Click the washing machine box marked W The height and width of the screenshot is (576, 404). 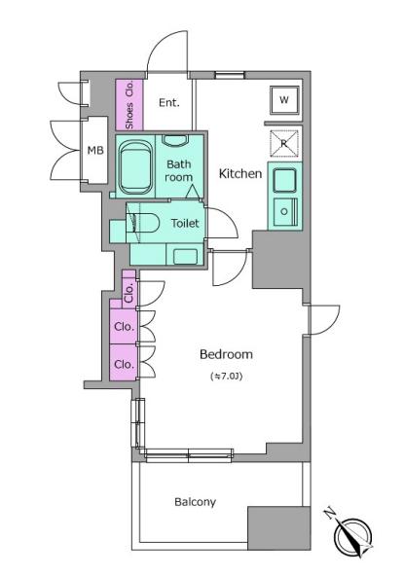point(284,100)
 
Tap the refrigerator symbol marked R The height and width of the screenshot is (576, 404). point(284,143)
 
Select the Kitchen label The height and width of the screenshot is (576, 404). point(240,173)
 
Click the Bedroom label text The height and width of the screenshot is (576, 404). point(226,354)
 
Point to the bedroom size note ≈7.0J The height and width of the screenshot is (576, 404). point(227,377)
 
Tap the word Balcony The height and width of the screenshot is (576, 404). point(196,502)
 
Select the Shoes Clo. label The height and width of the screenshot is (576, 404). point(129,105)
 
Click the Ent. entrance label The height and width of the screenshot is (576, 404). point(169,102)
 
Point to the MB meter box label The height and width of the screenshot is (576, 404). point(95,150)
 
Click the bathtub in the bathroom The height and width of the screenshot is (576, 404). point(135,168)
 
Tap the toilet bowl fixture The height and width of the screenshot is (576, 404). point(143,223)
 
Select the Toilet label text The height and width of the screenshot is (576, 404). point(185,223)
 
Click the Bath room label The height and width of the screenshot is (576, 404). point(179,170)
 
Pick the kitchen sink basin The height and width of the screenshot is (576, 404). point(284,180)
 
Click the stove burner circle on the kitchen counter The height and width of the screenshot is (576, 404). point(284,211)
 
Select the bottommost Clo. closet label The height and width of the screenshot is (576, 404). point(124,365)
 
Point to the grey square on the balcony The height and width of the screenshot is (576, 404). point(279,528)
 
